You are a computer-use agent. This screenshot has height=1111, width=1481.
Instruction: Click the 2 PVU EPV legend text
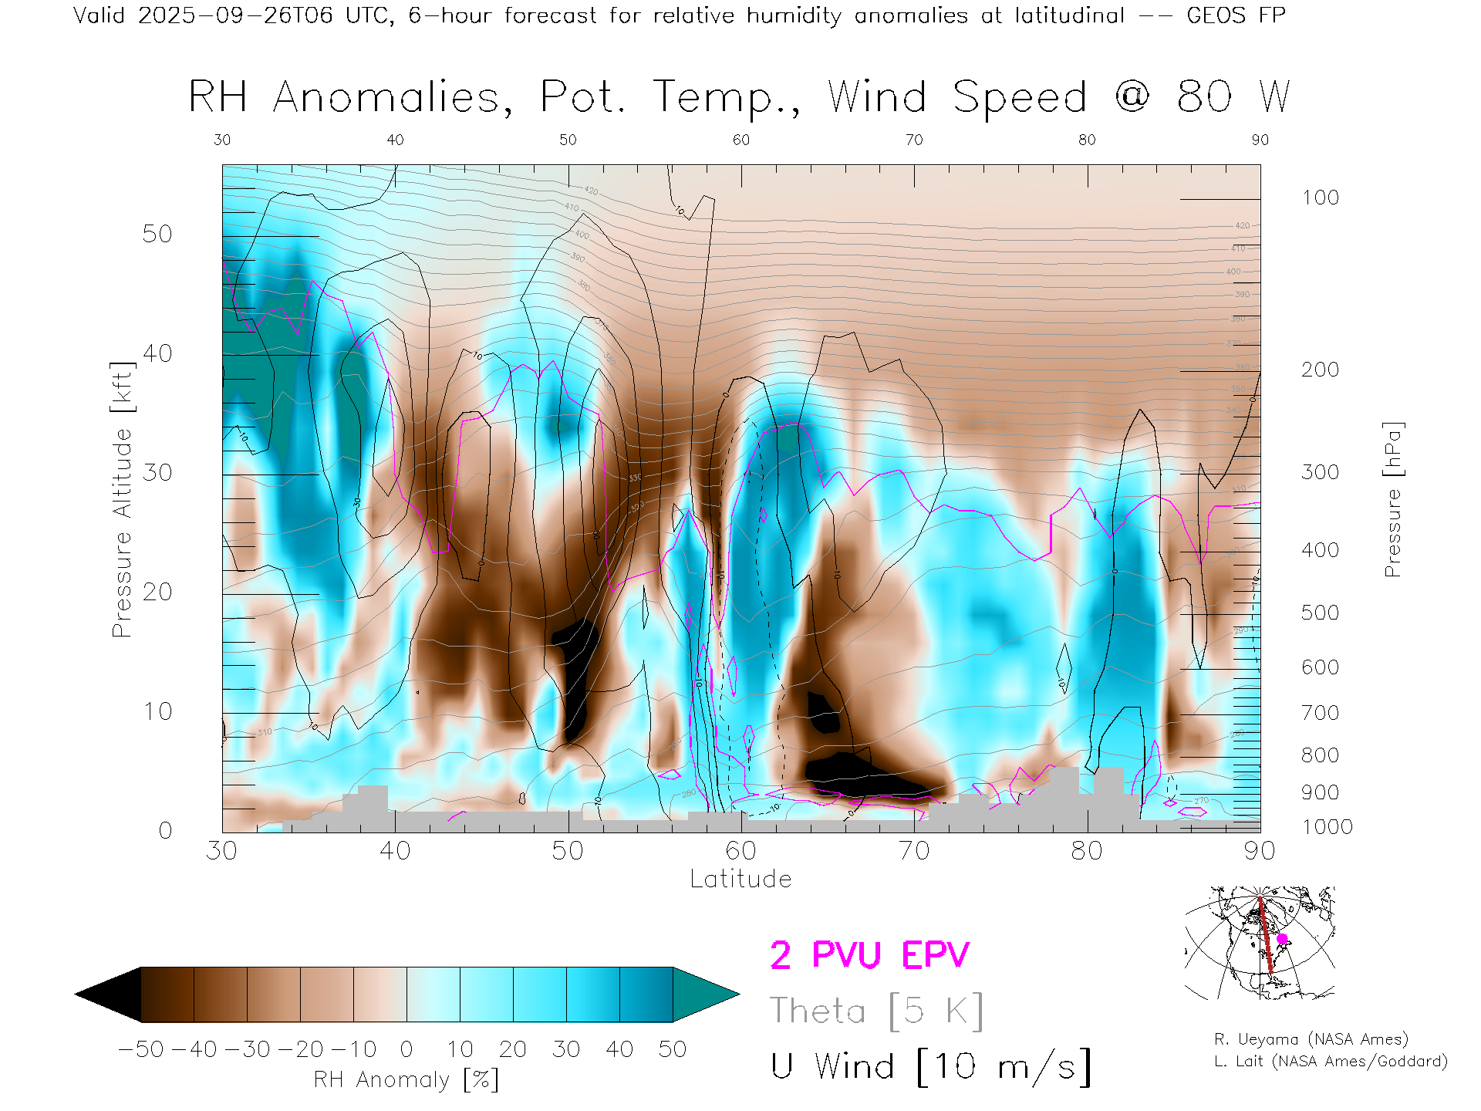(x=869, y=955)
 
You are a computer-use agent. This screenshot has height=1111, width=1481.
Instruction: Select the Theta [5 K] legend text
(x=876, y=1011)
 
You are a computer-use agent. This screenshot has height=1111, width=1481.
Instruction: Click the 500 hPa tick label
(x=1320, y=613)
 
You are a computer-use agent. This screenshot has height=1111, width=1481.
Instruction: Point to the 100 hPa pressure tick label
(x=1320, y=198)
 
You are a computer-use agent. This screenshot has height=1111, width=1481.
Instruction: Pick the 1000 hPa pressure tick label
(x=1327, y=827)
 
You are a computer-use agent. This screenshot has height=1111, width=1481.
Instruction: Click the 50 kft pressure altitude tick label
(x=157, y=234)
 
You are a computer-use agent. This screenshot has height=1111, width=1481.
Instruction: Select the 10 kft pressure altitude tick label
(x=157, y=711)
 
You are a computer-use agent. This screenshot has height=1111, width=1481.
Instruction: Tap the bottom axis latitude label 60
(x=740, y=850)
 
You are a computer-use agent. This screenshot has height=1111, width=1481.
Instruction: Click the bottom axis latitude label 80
(x=1087, y=850)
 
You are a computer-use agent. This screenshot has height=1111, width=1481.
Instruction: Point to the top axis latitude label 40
(x=395, y=140)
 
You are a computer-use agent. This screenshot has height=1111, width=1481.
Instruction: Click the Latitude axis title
(x=740, y=880)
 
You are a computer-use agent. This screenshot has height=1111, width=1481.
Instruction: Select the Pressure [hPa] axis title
(x=1393, y=500)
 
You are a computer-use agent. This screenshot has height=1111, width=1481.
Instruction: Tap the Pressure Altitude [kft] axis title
(x=122, y=500)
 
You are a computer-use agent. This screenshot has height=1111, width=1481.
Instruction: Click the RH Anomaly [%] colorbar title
(x=406, y=1079)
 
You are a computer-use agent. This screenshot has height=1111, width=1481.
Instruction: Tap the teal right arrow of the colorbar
(x=705, y=994)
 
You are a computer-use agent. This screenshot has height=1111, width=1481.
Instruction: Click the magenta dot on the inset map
(x=1282, y=939)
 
